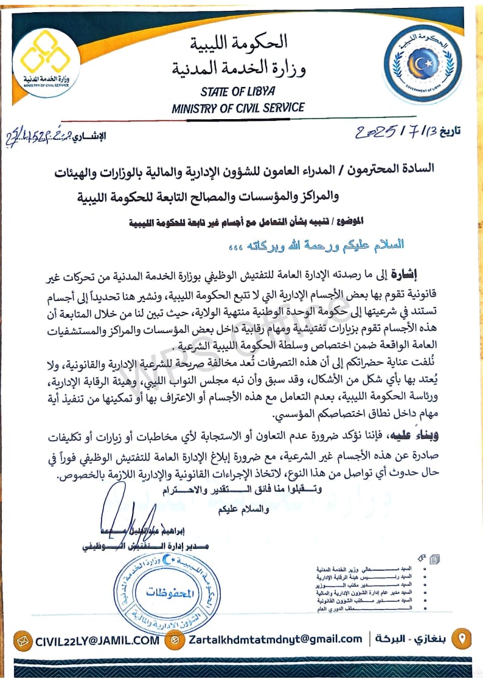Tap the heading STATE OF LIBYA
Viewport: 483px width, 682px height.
(238, 92)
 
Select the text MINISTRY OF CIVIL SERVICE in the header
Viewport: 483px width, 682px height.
(238, 108)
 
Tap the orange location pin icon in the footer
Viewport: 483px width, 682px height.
(463, 639)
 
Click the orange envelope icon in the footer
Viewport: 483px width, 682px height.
(23, 639)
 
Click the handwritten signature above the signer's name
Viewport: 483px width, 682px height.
(122, 511)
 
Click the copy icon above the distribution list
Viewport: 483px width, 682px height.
(434, 559)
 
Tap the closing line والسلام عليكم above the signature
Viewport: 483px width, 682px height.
(244, 509)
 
